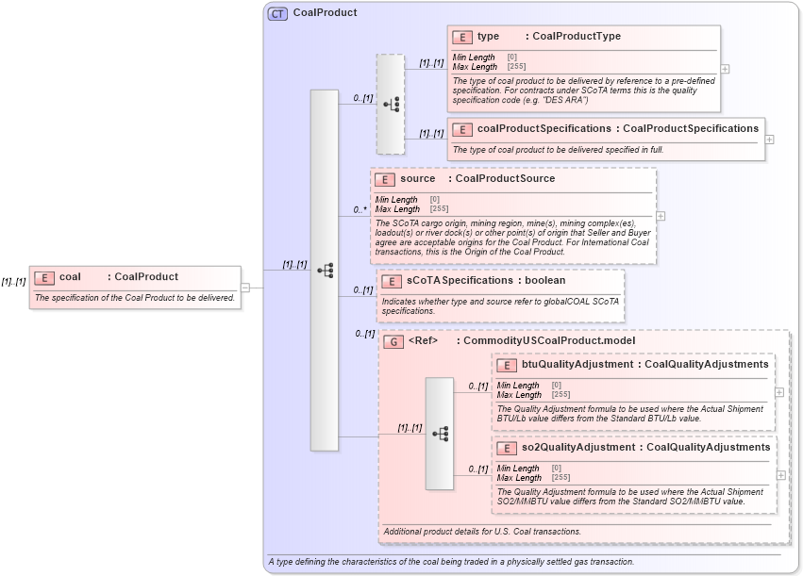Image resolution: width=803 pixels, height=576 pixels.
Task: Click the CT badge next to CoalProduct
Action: [278, 13]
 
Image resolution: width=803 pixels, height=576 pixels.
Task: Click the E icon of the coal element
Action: [44, 277]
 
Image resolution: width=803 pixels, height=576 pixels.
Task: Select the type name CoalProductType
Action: [577, 37]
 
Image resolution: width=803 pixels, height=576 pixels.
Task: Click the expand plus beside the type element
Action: [725, 69]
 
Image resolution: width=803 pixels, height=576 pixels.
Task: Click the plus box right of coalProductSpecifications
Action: [770, 140]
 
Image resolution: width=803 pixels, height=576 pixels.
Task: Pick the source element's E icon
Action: [384, 179]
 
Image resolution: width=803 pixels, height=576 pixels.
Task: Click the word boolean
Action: [545, 280]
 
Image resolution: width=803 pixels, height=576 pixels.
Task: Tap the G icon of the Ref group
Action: [393, 341]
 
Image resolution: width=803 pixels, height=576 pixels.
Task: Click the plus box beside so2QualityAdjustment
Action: [780, 475]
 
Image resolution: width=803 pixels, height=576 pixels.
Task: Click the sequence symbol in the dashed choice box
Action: [391, 105]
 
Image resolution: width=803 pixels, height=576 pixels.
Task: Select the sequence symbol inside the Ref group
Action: [439, 434]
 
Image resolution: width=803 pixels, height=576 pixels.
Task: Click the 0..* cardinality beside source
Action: [360, 209]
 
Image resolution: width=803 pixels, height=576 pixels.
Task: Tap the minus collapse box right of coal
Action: [244, 288]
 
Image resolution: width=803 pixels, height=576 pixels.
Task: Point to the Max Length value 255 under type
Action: [517, 67]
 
